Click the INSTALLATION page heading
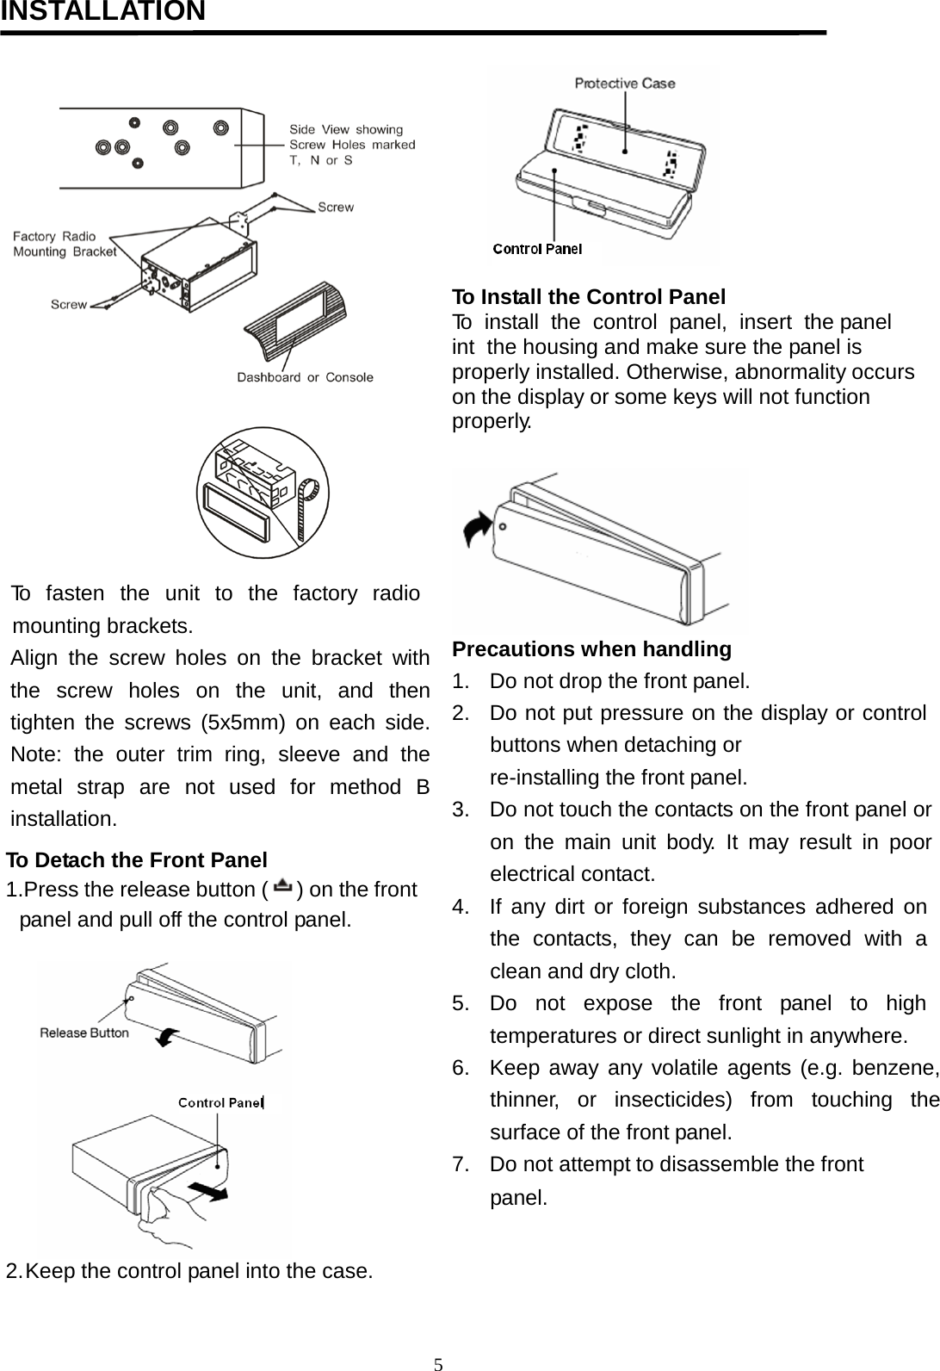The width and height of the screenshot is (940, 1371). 102,12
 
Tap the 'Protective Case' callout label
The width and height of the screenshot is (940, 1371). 625,84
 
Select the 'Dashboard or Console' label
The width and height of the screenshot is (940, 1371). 305,377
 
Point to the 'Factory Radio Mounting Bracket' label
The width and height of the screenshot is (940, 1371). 64,244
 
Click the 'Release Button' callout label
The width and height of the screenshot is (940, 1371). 84,1033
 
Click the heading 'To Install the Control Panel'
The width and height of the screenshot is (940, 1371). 589,297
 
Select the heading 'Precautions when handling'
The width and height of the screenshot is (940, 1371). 591,648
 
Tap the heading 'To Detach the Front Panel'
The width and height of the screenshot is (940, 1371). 137,859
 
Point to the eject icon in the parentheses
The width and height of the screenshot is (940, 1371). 283,887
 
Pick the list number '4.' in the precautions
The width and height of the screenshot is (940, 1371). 461,906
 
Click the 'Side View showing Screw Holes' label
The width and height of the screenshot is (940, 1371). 351,144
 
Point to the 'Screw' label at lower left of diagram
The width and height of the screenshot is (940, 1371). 69,304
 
